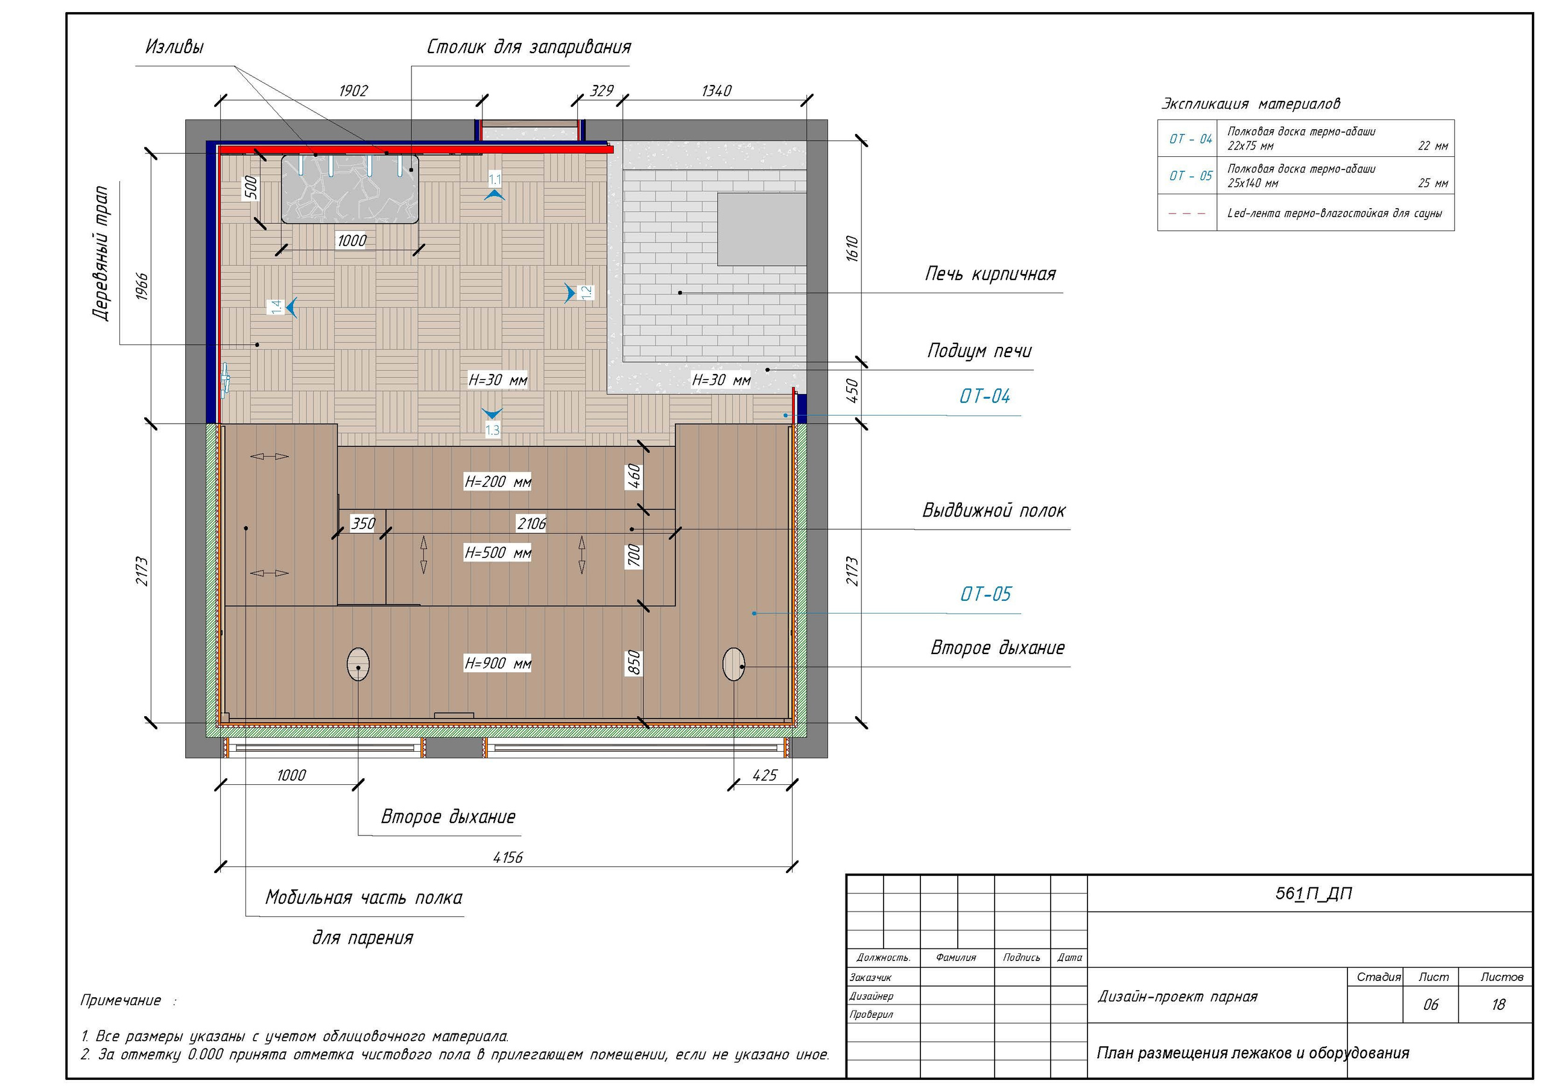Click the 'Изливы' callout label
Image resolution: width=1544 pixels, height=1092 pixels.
pyautogui.click(x=174, y=46)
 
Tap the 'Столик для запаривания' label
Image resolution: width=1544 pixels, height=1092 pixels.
pyautogui.click(x=528, y=47)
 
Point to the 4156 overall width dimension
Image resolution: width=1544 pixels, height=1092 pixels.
pyautogui.click(x=508, y=857)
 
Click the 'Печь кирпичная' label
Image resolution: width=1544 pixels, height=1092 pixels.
pyautogui.click(x=990, y=274)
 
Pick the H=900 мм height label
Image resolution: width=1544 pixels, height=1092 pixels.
pyautogui.click(x=498, y=664)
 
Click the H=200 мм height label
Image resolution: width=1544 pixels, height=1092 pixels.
pyautogui.click(x=498, y=481)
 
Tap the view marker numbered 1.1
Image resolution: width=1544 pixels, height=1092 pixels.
pyautogui.click(x=495, y=186)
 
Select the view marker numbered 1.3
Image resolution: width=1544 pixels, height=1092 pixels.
pyautogui.click(x=492, y=422)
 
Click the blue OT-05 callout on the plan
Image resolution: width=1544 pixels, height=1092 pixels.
pyautogui.click(x=985, y=594)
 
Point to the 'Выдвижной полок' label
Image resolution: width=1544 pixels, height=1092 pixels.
pyautogui.click(x=993, y=510)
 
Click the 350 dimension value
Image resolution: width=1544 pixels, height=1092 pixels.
pyautogui.click(x=363, y=524)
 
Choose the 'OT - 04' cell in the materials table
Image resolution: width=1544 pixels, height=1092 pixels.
pyautogui.click(x=1191, y=139)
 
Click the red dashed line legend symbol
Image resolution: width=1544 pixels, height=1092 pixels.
pyautogui.click(x=1187, y=214)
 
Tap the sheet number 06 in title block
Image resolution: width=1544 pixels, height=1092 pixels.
pyautogui.click(x=1431, y=1005)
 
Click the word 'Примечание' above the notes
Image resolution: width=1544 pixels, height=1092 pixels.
pyautogui.click(x=121, y=1000)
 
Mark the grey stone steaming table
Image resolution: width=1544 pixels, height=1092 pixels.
pyautogui.click(x=350, y=189)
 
